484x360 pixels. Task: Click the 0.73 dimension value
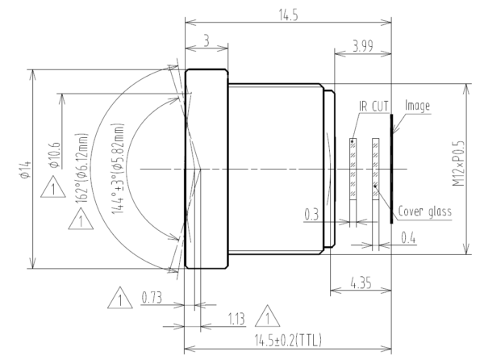pos(152,299)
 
